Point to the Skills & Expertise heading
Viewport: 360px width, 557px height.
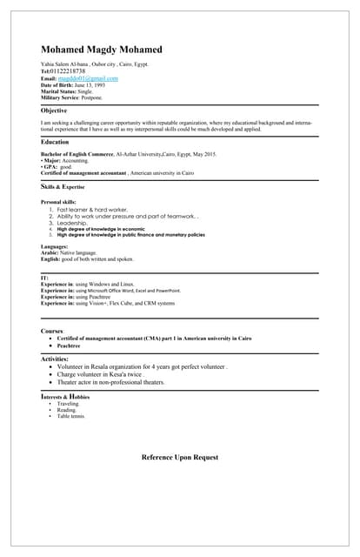(x=63, y=186)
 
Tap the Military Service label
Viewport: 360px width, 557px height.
(x=60, y=97)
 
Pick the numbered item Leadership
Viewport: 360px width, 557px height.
(x=75, y=223)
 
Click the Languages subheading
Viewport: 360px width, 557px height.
(x=55, y=246)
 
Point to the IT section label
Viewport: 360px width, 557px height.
(x=44, y=278)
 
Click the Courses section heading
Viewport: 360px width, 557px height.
(x=52, y=331)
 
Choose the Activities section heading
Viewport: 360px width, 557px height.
(x=55, y=359)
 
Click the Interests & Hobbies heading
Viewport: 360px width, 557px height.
(x=65, y=397)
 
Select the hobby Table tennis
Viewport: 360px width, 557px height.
(x=72, y=417)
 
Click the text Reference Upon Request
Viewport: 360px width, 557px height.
(x=180, y=457)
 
